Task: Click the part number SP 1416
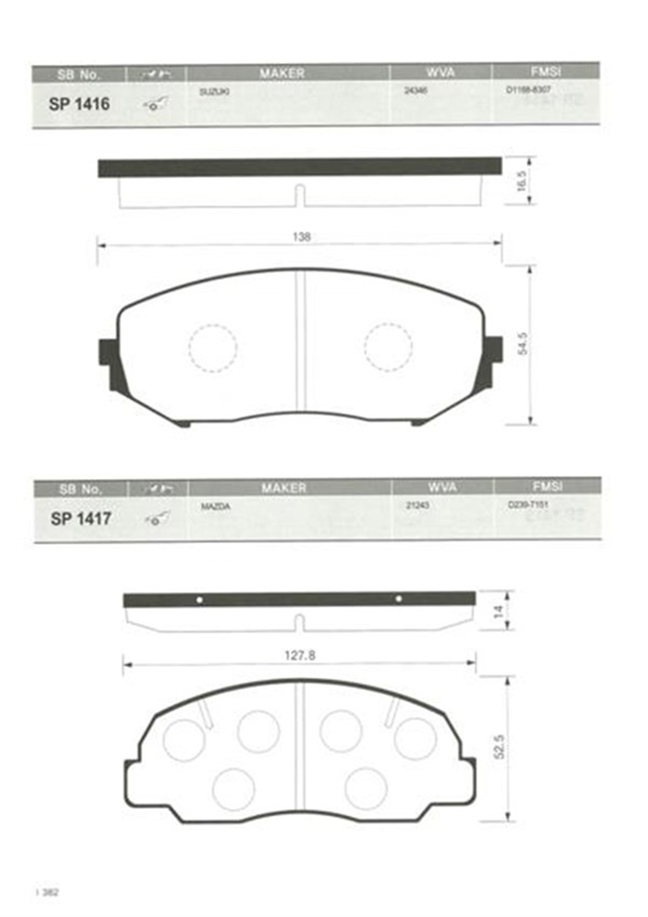coord(79,104)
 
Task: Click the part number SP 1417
coord(80,518)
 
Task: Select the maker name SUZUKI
coord(214,92)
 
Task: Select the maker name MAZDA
coord(215,507)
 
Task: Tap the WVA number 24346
coord(415,91)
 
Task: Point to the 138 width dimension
coord(301,237)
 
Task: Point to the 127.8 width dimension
coord(300,655)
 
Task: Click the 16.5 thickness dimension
coord(521,181)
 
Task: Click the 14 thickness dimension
coord(498,611)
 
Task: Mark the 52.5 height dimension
coord(499,747)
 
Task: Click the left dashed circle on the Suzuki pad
coord(213,348)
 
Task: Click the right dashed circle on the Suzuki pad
coord(388,347)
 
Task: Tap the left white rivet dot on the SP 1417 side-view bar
coord(199,600)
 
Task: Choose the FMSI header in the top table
coord(545,71)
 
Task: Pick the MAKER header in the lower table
coord(283,488)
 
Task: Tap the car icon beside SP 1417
coord(157,519)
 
